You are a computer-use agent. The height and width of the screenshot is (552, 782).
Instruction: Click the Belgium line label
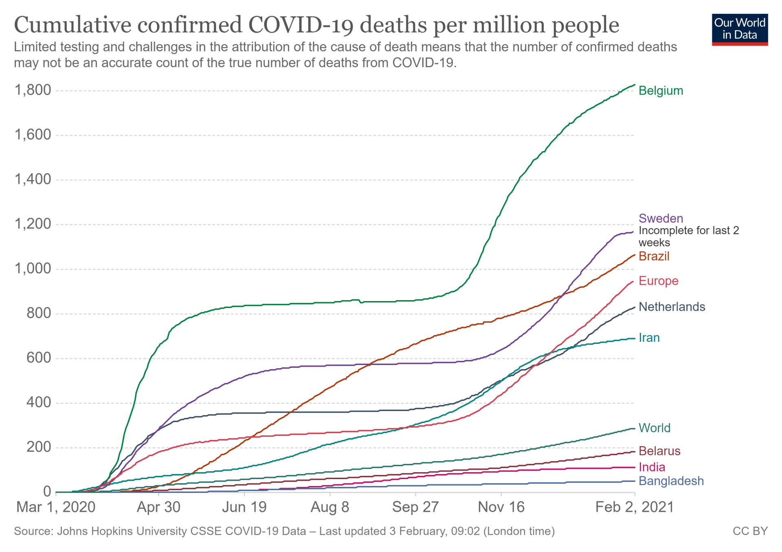[660, 90]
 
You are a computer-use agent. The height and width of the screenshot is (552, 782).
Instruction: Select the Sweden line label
[660, 218]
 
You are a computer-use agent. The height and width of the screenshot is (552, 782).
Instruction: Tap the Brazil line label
[654, 256]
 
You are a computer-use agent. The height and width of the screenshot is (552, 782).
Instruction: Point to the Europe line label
[658, 281]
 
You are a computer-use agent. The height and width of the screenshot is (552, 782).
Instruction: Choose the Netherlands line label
[672, 307]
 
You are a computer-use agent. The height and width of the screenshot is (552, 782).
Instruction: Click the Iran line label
[649, 338]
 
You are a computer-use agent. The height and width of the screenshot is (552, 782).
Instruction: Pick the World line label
[654, 428]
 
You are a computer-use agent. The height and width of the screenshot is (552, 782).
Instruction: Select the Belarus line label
[659, 451]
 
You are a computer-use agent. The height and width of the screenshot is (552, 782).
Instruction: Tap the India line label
[652, 467]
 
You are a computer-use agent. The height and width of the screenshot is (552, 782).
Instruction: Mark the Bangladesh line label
[671, 481]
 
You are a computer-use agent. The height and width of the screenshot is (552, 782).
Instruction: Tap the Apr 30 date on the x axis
[158, 507]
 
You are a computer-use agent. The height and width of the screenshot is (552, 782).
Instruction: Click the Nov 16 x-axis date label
[501, 507]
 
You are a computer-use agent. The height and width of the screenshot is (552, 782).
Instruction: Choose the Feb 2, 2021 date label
[634, 507]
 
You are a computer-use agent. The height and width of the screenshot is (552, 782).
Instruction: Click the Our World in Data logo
[740, 29]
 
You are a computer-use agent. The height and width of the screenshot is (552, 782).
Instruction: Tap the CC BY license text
[750, 531]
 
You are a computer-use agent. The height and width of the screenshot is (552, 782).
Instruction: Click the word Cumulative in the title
[73, 25]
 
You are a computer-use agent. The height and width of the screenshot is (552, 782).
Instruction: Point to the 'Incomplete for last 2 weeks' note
[688, 237]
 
